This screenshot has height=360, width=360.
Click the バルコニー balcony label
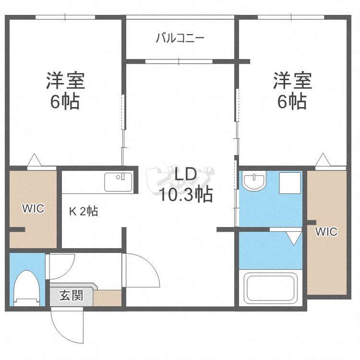coord(180,38)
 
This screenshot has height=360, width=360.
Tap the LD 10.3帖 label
coord(185,185)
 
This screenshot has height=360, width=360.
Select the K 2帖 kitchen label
coord(84,211)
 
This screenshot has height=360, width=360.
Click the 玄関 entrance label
coord(71,296)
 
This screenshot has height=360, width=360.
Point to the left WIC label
coord(33,208)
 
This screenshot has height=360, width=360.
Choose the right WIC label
coord(326,231)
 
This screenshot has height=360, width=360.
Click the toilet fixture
coord(26,288)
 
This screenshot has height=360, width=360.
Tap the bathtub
coord(270,288)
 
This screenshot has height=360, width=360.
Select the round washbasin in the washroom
coord(254,180)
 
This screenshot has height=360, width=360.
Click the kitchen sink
coord(118,182)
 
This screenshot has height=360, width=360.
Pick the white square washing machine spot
coord(290,183)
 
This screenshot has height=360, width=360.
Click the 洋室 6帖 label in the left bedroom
coord(65,90)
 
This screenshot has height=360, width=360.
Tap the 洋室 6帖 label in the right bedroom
coord(292,90)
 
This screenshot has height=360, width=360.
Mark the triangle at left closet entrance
coord(35,160)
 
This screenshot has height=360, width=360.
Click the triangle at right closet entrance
coord(323,159)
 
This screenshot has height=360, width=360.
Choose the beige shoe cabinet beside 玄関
coord(107,298)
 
